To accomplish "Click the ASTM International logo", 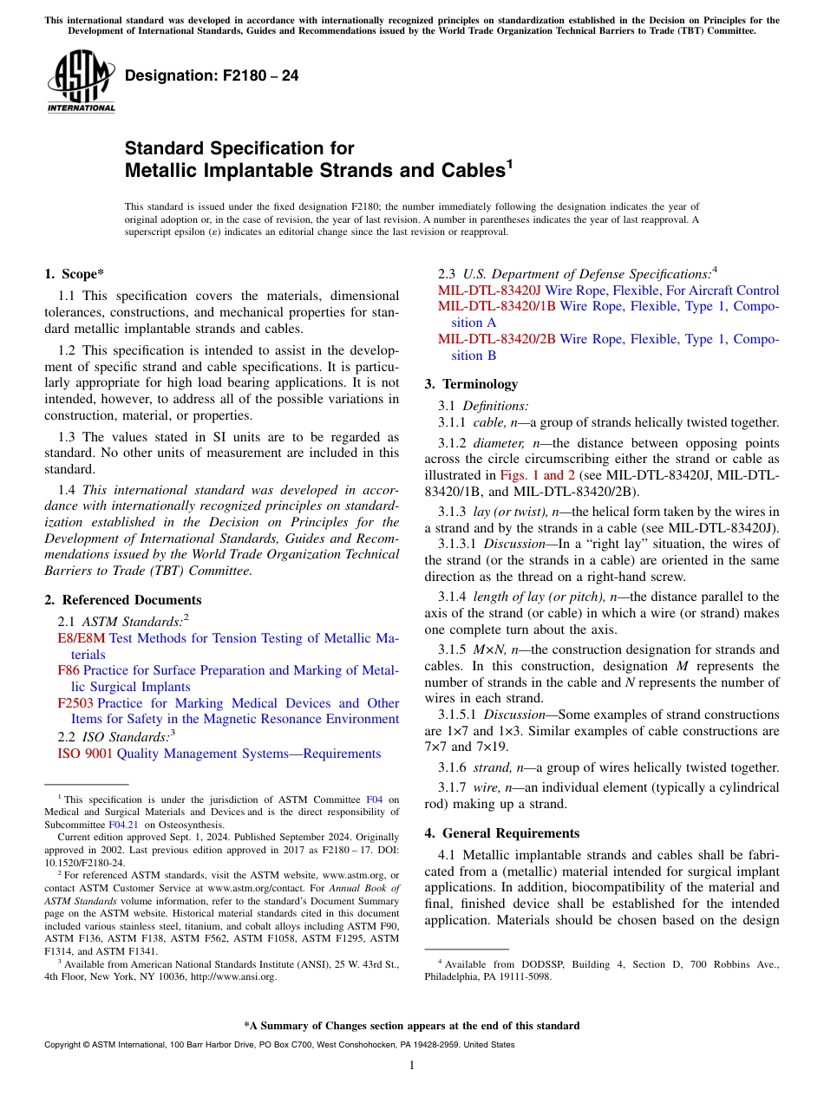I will pyautogui.click(x=81, y=81).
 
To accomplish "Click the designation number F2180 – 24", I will pyautogui.click(x=212, y=76).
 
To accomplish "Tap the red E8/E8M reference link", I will pyautogui.click(x=81, y=638).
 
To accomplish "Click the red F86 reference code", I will pyautogui.click(x=69, y=670).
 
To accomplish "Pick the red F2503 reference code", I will pyautogui.click(x=75, y=703).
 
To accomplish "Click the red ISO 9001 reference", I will pyautogui.click(x=85, y=754).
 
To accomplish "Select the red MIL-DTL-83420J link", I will pyautogui.click(x=489, y=290).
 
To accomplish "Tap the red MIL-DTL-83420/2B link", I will pyautogui.click(x=496, y=339).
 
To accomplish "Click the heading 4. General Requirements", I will pyautogui.click(x=501, y=833).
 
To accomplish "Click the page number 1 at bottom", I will pyautogui.click(x=412, y=1066).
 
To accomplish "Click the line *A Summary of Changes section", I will pyautogui.click(x=412, y=1026).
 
